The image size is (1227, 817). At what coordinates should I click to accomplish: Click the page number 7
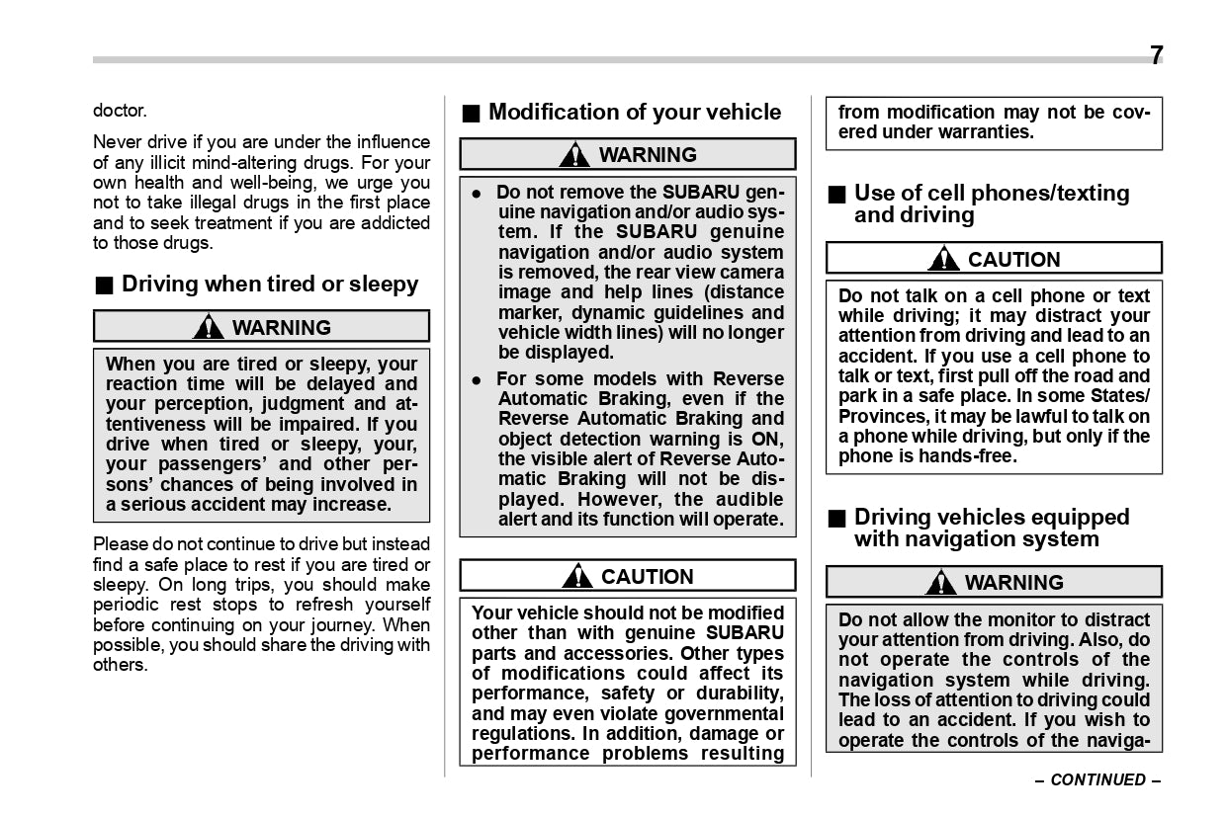(x=1156, y=55)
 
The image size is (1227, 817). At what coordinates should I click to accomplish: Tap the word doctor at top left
(x=119, y=111)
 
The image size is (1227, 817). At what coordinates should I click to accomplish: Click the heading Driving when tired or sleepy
(x=269, y=285)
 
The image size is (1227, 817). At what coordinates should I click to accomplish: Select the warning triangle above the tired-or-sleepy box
(x=208, y=326)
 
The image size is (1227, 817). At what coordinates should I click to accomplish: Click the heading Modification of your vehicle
(x=634, y=112)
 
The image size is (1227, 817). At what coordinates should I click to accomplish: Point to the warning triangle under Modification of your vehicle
(x=573, y=154)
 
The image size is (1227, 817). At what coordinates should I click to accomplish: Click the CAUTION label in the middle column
(x=647, y=576)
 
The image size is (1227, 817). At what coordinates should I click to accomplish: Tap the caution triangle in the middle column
(x=576, y=576)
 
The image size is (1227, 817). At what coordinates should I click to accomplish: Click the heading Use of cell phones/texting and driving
(x=991, y=204)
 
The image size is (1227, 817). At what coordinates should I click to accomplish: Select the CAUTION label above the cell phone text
(x=1013, y=259)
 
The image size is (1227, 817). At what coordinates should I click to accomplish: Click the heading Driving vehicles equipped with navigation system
(x=991, y=528)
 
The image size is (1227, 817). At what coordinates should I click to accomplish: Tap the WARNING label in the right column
(x=1013, y=582)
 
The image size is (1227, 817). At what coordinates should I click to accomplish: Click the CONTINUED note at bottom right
(x=1097, y=779)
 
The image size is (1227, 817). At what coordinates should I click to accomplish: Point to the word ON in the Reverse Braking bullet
(x=766, y=439)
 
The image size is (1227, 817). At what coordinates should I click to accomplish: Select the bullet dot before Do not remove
(x=477, y=193)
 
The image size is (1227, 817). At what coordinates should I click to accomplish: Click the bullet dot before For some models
(x=477, y=379)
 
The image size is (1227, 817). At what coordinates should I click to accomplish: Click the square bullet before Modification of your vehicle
(x=471, y=113)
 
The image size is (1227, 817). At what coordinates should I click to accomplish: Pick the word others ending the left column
(x=119, y=665)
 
